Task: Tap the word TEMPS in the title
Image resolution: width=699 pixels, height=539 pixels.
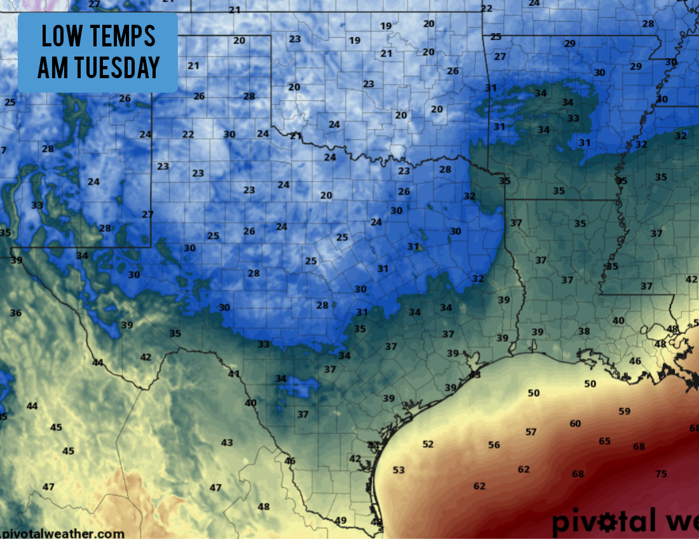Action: tap(122, 37)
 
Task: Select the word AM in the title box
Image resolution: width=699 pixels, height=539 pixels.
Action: tap(51, 67)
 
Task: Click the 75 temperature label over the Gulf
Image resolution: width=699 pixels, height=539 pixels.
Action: tap(661, 474)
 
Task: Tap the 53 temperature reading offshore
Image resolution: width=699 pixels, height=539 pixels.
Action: tap(398, 470)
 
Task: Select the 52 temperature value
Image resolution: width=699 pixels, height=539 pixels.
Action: tap(428, 444)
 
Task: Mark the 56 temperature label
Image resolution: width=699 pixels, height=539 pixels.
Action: tap(494, 445)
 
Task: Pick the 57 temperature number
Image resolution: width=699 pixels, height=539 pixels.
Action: tap(531, 432)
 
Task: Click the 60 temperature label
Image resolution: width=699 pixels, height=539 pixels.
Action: tap(575, 423)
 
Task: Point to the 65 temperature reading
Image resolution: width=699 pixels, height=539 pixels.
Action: tap(604, 441)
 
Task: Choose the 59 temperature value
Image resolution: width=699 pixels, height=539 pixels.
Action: tap(625, 411)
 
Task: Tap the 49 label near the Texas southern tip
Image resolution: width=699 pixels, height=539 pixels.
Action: tap(341, 521)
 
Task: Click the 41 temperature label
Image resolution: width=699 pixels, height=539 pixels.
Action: tap(234, 374)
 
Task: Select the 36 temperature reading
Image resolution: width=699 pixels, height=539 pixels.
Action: tap(16, 313)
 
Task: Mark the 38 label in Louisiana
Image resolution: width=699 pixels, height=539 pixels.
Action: tap(583, 331)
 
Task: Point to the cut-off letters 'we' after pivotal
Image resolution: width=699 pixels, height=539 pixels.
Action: tap(681, 522)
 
